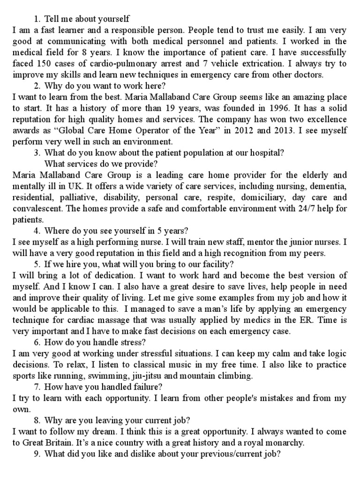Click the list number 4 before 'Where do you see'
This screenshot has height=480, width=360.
(x=37, y=231)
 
